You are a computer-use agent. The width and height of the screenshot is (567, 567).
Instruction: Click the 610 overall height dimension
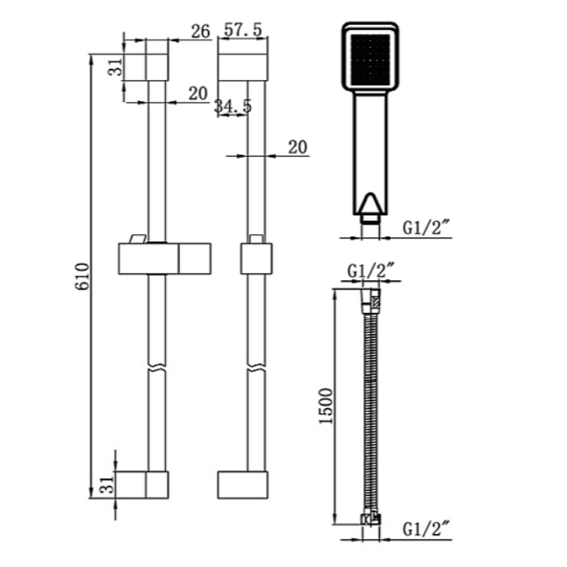click(x=82, y=276)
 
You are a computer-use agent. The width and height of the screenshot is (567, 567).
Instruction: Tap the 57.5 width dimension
click(x=243, y=30)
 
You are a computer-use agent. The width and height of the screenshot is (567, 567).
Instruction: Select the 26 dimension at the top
click(x=200, y=31)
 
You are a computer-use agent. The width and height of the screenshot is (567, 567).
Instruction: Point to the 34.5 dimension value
click(x=233, y=106)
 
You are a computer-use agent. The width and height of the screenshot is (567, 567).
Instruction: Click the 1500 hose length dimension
click(x=326, y=406)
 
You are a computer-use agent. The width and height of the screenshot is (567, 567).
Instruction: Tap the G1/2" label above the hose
click(x=370, y=271)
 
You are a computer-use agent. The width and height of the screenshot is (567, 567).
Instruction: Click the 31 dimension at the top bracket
click(x=116, y=67)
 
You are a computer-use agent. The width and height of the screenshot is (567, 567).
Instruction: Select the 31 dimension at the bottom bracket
click(x=107, y=484)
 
